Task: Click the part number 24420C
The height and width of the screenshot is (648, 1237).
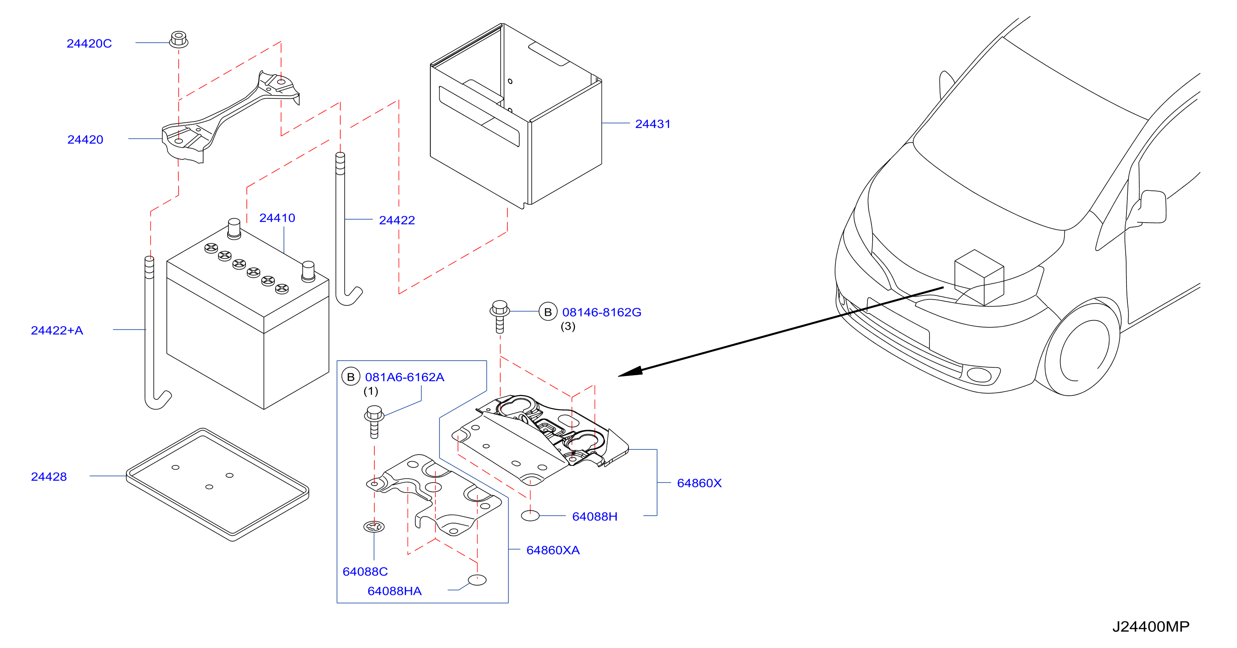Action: tap(89, 44)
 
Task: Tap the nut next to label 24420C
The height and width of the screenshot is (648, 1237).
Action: tap(179, 39)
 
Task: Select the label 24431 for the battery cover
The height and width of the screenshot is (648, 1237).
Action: tap(653, 124)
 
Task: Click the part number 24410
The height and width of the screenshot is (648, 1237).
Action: tap(277, 218)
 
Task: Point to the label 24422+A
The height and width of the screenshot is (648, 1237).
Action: tap(57, 330)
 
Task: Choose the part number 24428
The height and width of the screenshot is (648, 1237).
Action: tap(49, 477)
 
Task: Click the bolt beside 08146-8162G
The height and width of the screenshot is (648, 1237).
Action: tap(499, 316)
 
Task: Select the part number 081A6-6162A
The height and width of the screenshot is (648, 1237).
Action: tap(404, 377)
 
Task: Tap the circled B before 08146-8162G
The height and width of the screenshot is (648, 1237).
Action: tap(548, 312)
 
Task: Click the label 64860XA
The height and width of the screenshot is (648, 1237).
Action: tap(553, 550)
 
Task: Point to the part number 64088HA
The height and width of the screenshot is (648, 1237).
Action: tap(394, 591)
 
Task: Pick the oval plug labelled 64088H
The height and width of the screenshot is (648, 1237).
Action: tap(530, 516)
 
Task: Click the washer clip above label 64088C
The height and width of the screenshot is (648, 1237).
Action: tap(374, 527)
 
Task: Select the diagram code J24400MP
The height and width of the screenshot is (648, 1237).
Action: tap(1151, 627)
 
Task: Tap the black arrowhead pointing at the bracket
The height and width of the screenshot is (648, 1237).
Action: tap(630, 372)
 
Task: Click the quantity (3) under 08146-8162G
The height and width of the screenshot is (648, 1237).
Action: tap(568, 326)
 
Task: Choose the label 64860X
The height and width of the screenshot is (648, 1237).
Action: tap(699, 483)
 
